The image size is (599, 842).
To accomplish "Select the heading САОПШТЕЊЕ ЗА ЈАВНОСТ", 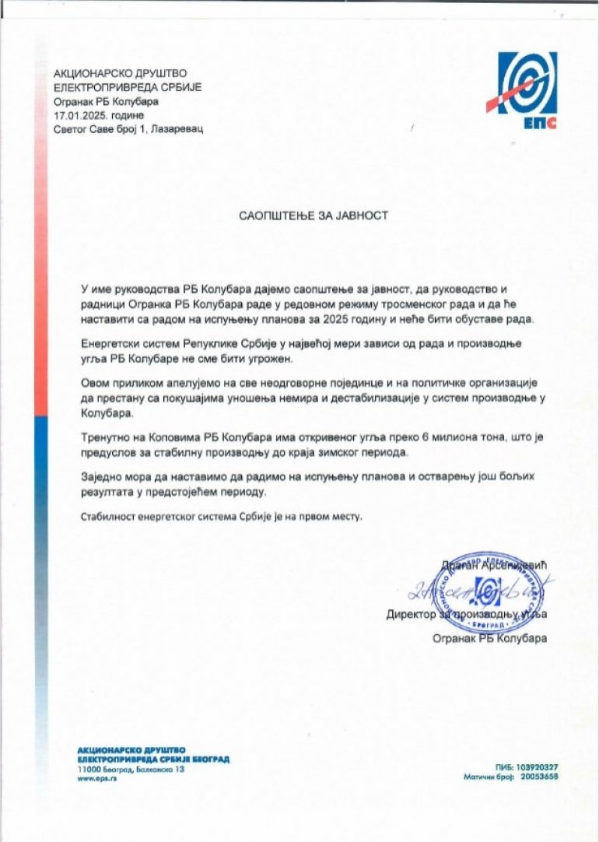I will [x=313, y=216].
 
